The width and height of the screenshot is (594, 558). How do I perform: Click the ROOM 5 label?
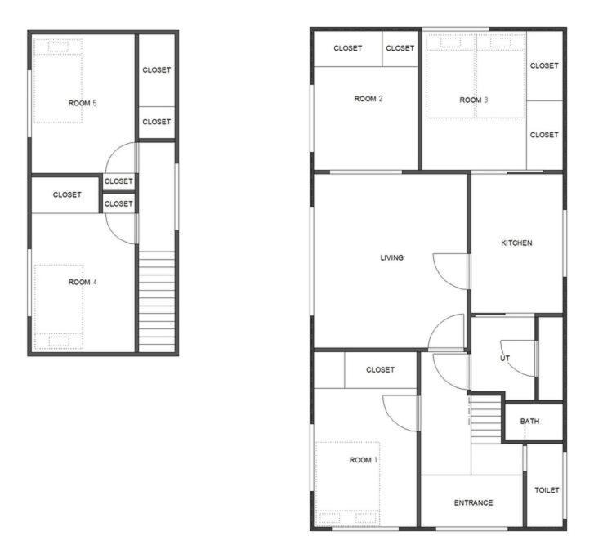point(83,103)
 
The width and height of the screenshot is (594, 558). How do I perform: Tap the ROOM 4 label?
point(83,282)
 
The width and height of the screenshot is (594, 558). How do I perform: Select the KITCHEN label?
point(516,243)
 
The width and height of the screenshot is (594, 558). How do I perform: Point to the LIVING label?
point(391,257)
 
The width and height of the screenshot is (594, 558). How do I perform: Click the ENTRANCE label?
point(474,502)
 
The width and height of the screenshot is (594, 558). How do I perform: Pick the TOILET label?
point(547,490)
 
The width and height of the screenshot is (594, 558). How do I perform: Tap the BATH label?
point(529,421)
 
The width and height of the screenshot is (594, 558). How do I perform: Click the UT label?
point(505,358)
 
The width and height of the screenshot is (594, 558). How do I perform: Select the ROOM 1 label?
point(364,460)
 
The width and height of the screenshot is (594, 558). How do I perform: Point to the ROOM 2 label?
point(368,99)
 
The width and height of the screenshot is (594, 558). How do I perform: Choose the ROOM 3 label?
point(474,100)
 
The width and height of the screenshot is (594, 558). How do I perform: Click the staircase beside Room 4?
point(157,301)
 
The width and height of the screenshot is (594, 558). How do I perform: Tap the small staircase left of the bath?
point(486,419)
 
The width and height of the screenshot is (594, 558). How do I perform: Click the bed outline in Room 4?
point(59,307)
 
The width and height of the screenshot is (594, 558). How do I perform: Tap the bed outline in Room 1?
point(348,484)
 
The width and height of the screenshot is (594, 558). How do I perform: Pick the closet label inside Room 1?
point(381,369)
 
